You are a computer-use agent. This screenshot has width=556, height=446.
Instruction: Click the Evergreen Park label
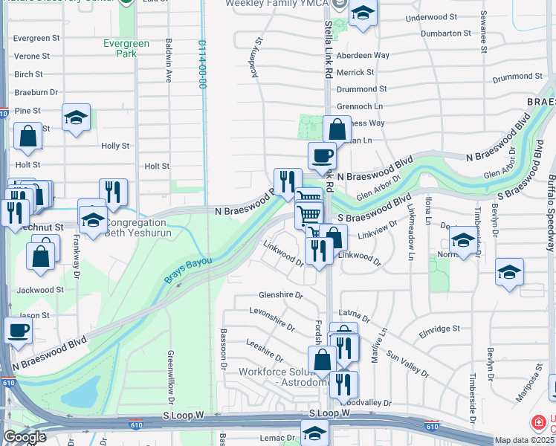(x=127, y=48)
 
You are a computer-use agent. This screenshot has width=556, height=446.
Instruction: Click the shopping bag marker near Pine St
(x=28, y=137)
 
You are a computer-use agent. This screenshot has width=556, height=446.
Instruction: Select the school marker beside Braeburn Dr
(x=76, y=117)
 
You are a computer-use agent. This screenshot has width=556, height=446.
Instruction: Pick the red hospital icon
(x=538, y=423)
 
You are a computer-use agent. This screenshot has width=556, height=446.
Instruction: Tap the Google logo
(x=24, y=437)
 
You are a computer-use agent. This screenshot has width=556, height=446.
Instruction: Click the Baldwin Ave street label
(x=169, y=61)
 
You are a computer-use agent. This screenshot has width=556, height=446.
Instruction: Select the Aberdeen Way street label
(x=363, y=56)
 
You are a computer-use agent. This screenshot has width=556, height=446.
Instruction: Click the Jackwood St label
(x=39, y=290)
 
